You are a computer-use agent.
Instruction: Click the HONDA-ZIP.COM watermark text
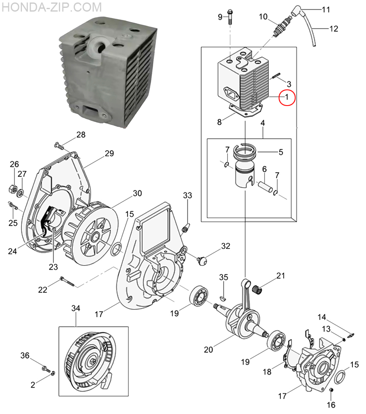51,7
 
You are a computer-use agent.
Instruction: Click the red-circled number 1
287,97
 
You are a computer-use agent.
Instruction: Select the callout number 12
334,29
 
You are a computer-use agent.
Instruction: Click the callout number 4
262,123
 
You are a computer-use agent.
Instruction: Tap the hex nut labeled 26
12,189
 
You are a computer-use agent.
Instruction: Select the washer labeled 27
20,193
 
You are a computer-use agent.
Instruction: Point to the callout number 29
109,153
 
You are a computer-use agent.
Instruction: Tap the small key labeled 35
224,298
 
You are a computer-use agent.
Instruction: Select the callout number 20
208,349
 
